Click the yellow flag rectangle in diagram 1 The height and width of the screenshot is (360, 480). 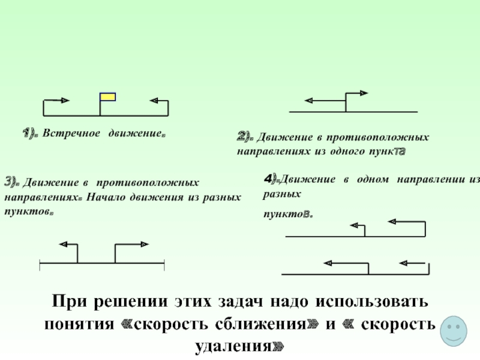point(108,97)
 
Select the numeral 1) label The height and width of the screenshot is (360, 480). point(30,133)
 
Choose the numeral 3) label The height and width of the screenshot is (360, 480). point(11,181)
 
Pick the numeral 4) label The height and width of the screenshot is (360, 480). point(271,178)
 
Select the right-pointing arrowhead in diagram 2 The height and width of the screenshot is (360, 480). point(364,92)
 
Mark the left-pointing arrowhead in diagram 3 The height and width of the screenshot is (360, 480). point(63,244)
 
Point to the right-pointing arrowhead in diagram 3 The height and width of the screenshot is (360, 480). point(145,244)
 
